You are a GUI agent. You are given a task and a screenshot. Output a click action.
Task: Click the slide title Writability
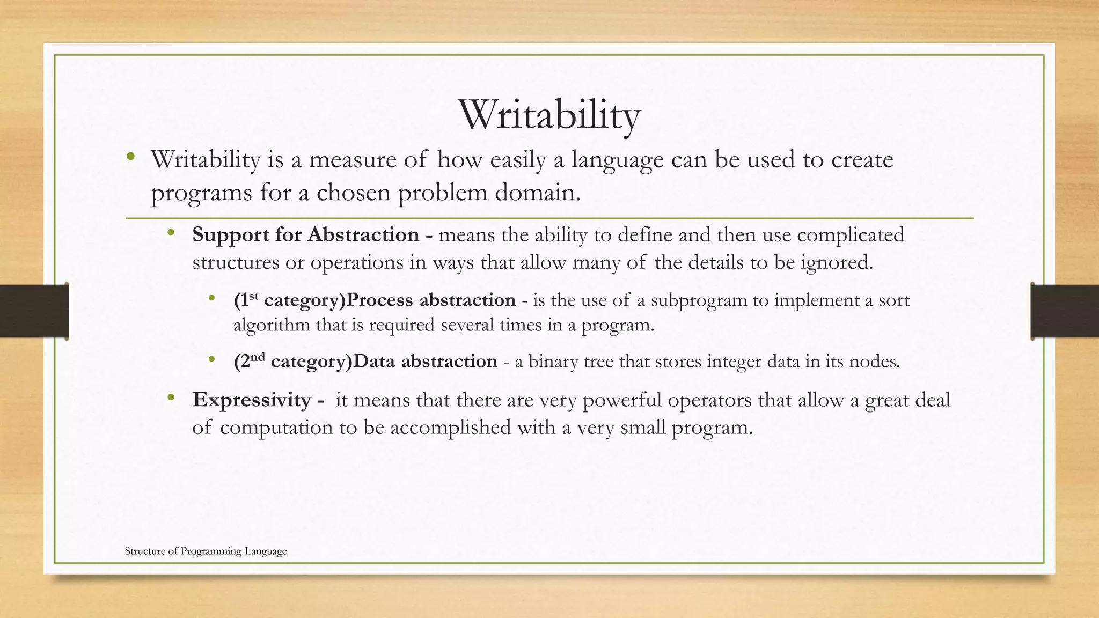(549, 115)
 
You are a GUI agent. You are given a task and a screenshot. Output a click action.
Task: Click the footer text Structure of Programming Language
(206, 551)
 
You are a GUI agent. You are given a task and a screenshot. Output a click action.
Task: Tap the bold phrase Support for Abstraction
(305, 235)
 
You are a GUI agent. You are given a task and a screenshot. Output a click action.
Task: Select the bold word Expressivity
(252, 400)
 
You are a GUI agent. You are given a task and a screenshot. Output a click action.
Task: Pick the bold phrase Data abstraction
(426, 362)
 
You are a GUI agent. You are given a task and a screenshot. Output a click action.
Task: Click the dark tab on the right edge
(1065, 311)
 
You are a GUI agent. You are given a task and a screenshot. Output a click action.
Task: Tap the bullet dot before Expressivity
(171, 398)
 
